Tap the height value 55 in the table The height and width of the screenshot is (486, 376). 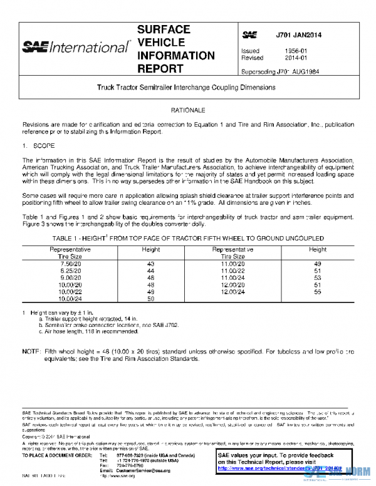coord(317,292)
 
